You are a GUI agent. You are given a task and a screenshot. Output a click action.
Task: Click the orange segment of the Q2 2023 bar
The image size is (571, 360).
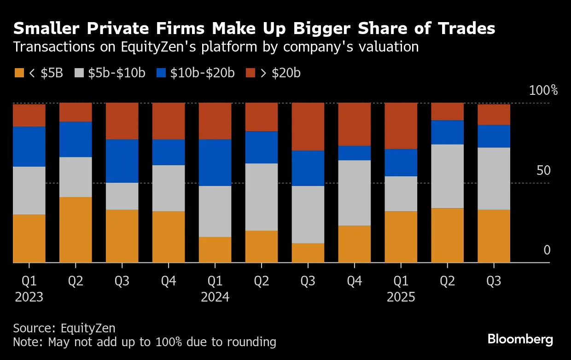(76, 230)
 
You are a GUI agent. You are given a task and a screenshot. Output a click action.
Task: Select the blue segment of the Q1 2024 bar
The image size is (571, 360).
(215, 163)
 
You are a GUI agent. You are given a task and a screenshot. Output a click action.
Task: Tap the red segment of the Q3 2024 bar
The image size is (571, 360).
(308, 127)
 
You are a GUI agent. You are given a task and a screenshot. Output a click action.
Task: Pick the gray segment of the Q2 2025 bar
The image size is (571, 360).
(447, 176)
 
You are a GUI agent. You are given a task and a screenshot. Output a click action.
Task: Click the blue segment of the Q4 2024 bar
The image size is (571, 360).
(355, 153)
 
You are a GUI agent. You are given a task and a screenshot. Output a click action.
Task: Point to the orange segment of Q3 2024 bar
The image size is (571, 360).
(308, 253)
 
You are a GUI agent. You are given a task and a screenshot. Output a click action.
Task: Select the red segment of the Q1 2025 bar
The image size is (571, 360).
(401, 126)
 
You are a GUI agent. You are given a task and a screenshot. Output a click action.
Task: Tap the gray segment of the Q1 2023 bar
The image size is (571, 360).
(29, 191)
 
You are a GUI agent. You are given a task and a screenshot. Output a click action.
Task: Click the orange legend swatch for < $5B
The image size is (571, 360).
(19, 73)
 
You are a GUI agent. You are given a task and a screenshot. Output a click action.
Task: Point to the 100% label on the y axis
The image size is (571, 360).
(543, 90)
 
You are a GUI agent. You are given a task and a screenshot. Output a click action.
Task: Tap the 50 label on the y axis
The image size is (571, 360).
(544, 171)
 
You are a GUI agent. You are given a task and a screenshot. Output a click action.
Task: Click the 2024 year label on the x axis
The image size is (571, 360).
(215, 297)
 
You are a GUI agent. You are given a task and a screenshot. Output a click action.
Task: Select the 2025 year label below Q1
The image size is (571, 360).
(401, 297)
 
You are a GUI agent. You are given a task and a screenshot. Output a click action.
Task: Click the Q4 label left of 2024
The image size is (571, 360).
(169, 281)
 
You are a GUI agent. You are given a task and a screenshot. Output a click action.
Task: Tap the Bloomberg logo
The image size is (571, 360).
(520, 340)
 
